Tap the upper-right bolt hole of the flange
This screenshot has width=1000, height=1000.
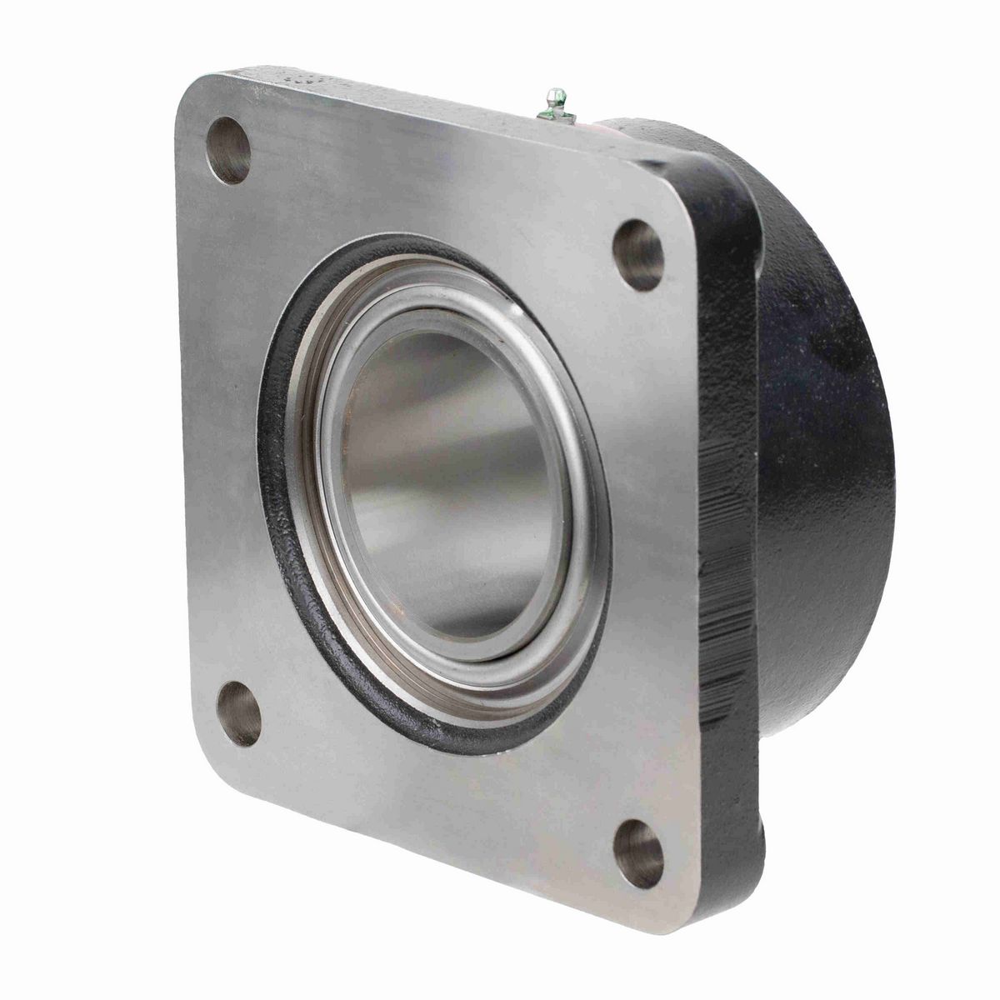[638, 255]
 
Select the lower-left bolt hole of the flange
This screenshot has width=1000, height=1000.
[239, 713]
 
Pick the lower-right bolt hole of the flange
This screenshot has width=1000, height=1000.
[639, 853]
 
